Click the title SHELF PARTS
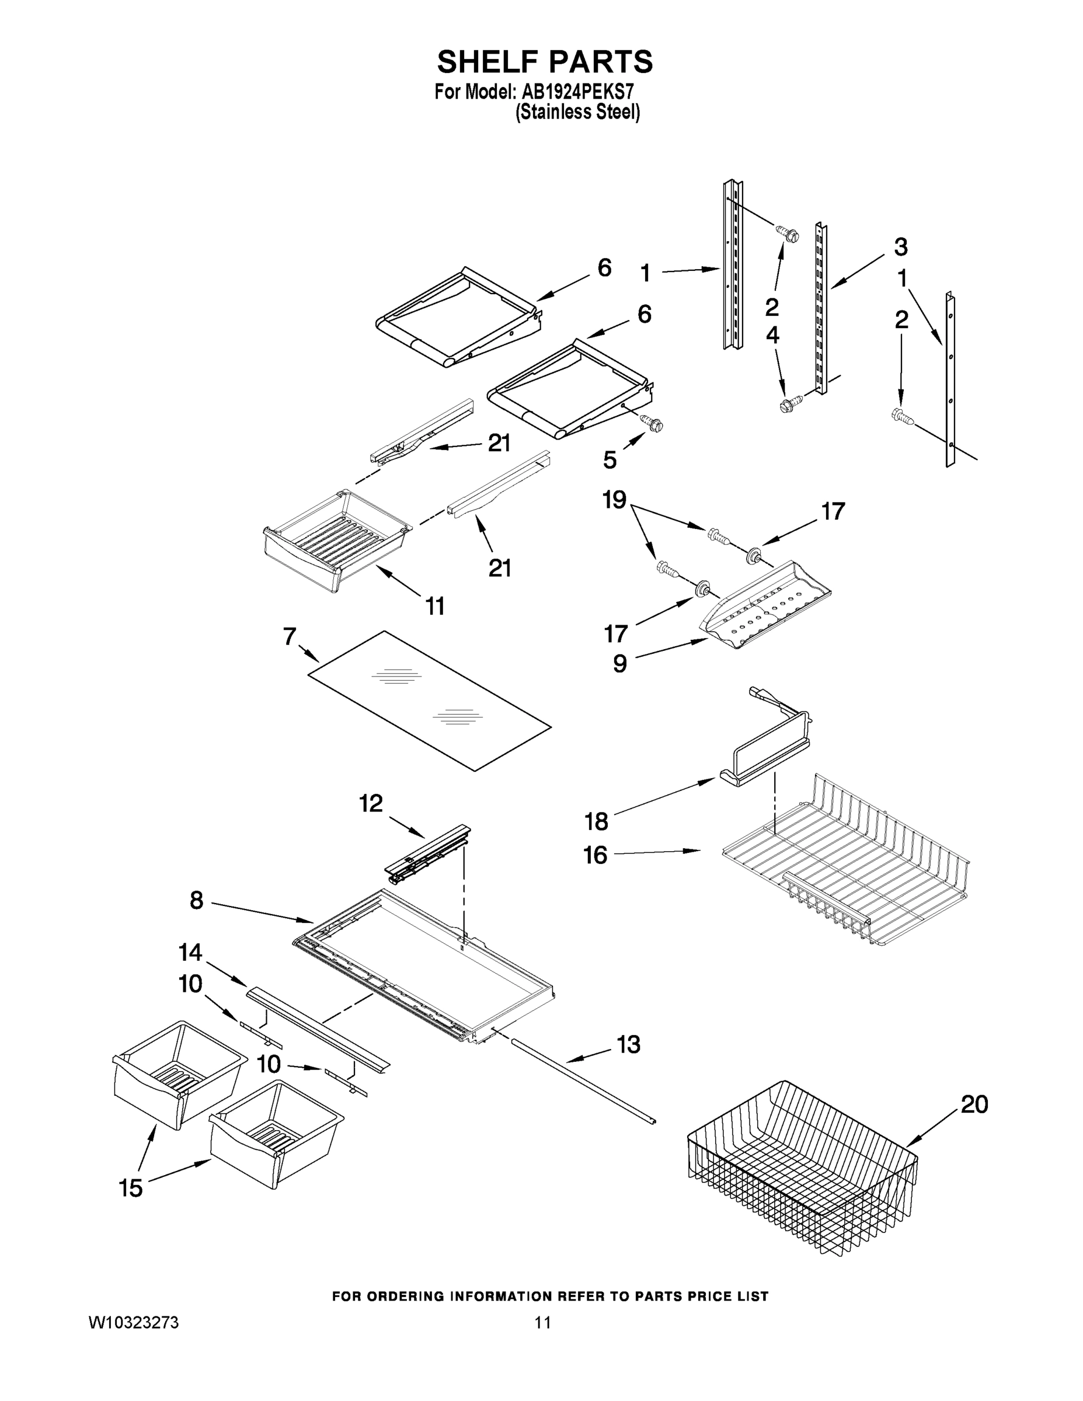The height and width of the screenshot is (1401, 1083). point(545,62)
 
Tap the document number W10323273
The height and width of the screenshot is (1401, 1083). point(134,1323)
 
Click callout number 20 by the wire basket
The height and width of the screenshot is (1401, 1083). point(974,1104)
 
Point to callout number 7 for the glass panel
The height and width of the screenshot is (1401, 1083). point(290,636)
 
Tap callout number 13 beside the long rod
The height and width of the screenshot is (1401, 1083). point(628,1044)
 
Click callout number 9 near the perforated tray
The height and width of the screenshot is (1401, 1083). point(619,663)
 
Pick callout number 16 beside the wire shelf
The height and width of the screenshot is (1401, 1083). point(595,855)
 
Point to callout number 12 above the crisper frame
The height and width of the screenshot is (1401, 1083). point(371,803)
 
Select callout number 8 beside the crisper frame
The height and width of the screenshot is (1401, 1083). point(196,901)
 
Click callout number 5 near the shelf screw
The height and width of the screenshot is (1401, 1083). point(610,459)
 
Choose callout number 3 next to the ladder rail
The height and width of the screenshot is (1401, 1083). point(900,246)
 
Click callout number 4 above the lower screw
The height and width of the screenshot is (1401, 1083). point(772,335)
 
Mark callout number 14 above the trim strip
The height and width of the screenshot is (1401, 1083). point(190,953)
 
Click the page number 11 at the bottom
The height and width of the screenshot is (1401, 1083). point(543,1323)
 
